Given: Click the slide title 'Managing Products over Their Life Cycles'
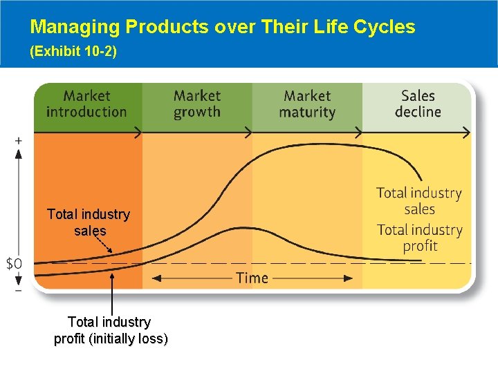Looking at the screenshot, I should coord(223,27).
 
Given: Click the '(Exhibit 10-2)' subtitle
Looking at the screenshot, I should coord(73,52).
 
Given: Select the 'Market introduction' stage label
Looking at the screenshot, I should coord(86,104).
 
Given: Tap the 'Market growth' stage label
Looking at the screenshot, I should coord(197,104).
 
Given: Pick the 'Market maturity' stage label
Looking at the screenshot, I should coord(307,104).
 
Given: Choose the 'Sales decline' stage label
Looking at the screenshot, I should coord(418,104).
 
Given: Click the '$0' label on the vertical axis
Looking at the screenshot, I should coord(14,263).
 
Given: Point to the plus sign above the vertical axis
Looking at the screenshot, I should coord(18,140).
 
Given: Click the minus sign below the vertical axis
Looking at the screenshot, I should coord(18,290).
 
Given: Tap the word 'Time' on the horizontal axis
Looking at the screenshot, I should coord(252,278).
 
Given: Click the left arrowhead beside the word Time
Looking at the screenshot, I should coord(156,278).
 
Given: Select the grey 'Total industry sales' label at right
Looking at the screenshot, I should coord(419,201).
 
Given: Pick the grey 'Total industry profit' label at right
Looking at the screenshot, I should coord(419,238).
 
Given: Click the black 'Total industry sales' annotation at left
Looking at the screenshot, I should coord(89,222).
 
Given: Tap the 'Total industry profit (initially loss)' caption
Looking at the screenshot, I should coord(110,330).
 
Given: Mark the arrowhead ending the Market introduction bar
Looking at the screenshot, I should coord(138,132).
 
